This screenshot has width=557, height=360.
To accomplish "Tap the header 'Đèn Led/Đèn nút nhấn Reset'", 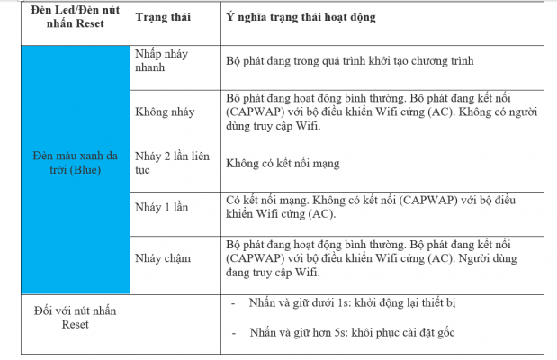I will click(x=63, y=17).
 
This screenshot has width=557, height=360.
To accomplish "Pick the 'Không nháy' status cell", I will click(x=165, y=112).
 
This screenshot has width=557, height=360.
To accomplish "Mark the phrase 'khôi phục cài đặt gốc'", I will click(x=407, y=333).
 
